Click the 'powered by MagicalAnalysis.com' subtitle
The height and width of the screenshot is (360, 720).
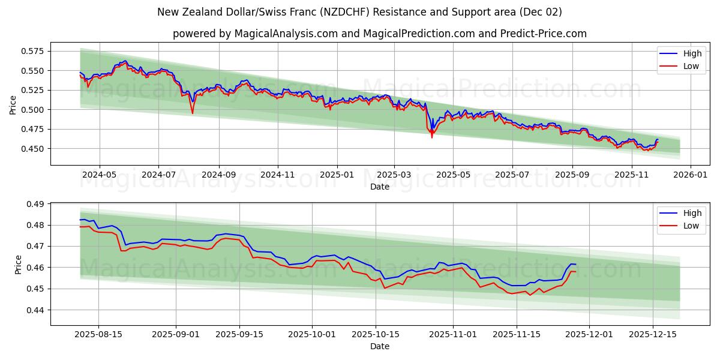(x=379, y=34)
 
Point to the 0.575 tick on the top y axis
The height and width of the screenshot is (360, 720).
(x=34, y=51)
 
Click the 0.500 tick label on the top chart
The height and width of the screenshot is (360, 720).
(x=34, y=110)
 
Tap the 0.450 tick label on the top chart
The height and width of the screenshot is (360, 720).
(x=34, y=149)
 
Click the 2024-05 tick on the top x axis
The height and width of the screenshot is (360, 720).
(x=99, y=174)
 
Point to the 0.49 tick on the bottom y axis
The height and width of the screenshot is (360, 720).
(x=36, y=205)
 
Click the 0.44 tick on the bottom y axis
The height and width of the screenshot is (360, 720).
(x=36, y=310)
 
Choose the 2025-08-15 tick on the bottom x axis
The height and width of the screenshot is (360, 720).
(x=99, y=334)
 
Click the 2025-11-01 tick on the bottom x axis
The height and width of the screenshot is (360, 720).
(x=453, y=334)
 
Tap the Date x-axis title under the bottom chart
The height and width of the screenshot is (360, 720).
(x=379, y=346)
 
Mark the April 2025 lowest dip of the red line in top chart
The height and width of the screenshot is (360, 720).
(x=431, y=137)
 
